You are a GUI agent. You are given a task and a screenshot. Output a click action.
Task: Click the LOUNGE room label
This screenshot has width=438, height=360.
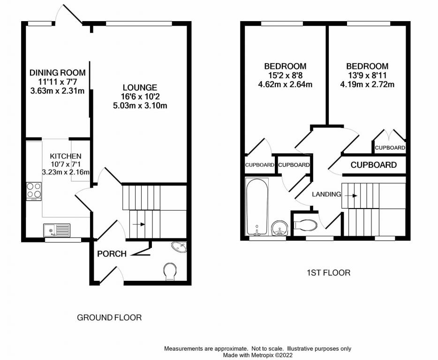click(140, 88)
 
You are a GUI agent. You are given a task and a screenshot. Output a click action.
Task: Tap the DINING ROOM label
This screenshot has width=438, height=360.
click(57, 73)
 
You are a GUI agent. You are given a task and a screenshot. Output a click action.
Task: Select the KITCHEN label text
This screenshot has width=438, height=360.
click(66, 156)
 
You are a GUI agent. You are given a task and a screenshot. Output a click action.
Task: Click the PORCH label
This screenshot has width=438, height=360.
click(112, 254)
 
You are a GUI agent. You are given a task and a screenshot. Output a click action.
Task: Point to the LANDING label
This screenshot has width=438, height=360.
click(326, 194)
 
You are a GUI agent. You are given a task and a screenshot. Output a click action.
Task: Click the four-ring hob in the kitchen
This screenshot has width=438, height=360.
click(34, 191)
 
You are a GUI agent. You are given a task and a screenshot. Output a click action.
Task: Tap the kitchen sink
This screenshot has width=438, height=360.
click(57, 230)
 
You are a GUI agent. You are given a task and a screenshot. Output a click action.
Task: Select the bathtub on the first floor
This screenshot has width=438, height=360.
click(257, 207)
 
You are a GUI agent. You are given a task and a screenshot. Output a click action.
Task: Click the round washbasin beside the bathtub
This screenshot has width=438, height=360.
click(280, 228)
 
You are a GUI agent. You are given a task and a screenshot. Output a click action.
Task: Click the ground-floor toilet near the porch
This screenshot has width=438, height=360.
click(170, 270)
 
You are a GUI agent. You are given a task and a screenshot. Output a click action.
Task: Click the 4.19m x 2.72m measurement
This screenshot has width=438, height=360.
click(367, 85)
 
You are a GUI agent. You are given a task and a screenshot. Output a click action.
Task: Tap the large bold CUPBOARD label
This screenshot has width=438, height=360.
click(374, 165)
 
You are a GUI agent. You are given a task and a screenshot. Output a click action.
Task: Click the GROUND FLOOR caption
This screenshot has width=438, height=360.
click(109, 318)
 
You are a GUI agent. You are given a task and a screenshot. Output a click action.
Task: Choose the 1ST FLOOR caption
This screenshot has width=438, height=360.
click(328, 272)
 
